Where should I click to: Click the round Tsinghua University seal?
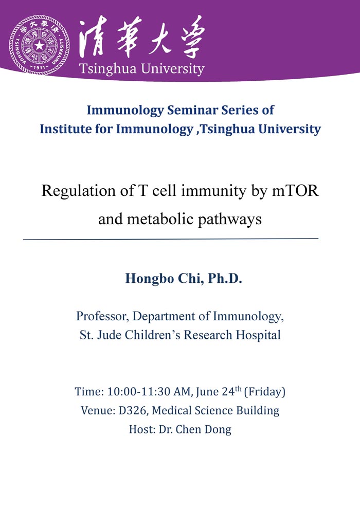coord(39,45)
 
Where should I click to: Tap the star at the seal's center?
coord(39,45)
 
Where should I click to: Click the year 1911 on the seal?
coord(40,67)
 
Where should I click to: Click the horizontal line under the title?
coord(171,239)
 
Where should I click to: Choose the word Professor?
coord(102,316)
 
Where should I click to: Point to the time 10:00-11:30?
coord(139,391)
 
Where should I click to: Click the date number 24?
coord(228,391)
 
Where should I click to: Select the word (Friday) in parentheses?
coord(264,391)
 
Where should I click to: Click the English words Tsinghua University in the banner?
coord(142,69)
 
